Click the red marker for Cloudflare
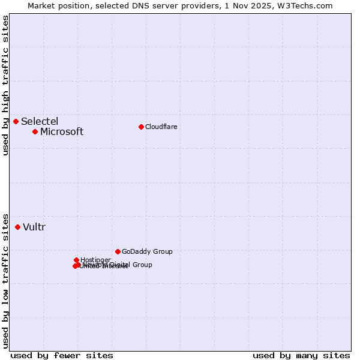(141, 127)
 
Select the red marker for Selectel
(16, 122)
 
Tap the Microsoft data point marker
(35, 131)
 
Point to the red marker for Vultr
(18, 227)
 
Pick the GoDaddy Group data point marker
(118, 251)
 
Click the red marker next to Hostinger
(77, 260)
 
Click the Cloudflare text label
(161, 127)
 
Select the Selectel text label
(40, 122)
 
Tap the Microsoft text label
(62, 132)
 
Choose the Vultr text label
(34, 227)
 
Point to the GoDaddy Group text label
(147, 251)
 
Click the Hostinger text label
(95, 260)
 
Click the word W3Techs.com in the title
(306, 5)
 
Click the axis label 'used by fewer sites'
(62, 355)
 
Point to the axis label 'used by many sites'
(301, 355)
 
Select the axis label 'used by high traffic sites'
(5, 85)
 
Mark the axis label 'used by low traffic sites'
(5, 281)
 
